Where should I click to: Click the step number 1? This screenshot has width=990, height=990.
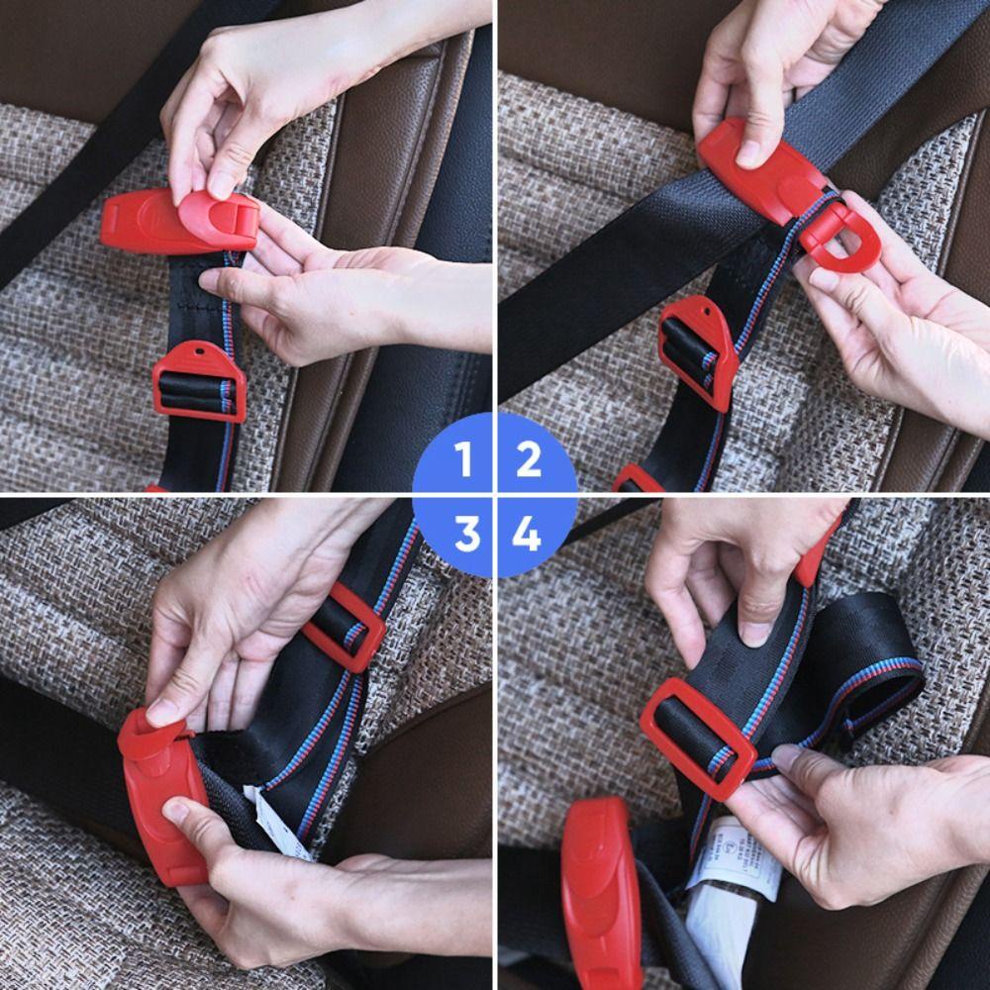click(x=463, y=460)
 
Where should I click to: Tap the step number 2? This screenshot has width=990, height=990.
click(x=529, y=460)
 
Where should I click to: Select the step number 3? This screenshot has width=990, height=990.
click(x=465, y=535)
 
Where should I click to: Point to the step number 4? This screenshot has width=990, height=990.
click(x=527, y=535)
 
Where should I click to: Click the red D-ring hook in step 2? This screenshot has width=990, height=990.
click(x=828, y=239)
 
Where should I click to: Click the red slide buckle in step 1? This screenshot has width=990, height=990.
click(x=199, y=381)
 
